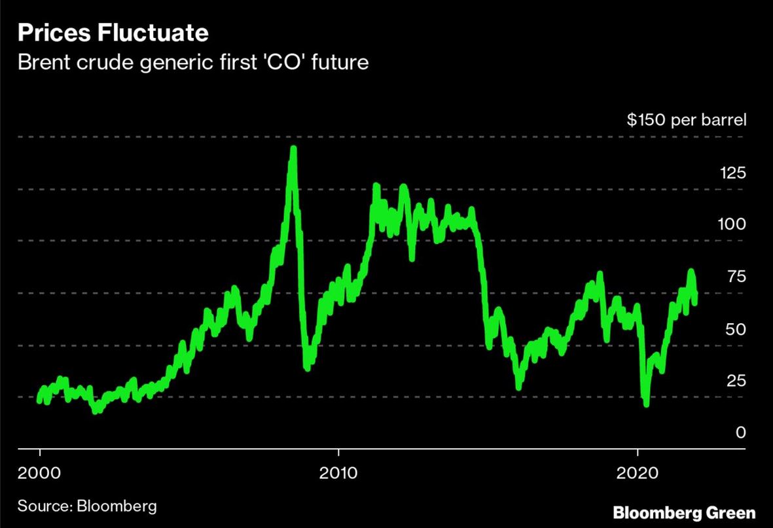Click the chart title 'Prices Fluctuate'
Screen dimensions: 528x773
(x=113, y=33)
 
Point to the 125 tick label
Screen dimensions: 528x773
(x=731, y=173)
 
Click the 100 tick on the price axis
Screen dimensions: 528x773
(x=731, y=224)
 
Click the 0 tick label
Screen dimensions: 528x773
(x=740, y=432)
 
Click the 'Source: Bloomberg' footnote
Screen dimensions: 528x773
(x=87, y=506)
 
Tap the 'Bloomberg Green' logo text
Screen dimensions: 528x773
(x=684, y=512)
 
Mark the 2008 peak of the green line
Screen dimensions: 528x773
(x=293, y=149)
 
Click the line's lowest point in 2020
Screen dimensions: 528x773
(x=647, y=404)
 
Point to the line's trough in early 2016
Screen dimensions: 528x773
(x=519, y=387)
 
